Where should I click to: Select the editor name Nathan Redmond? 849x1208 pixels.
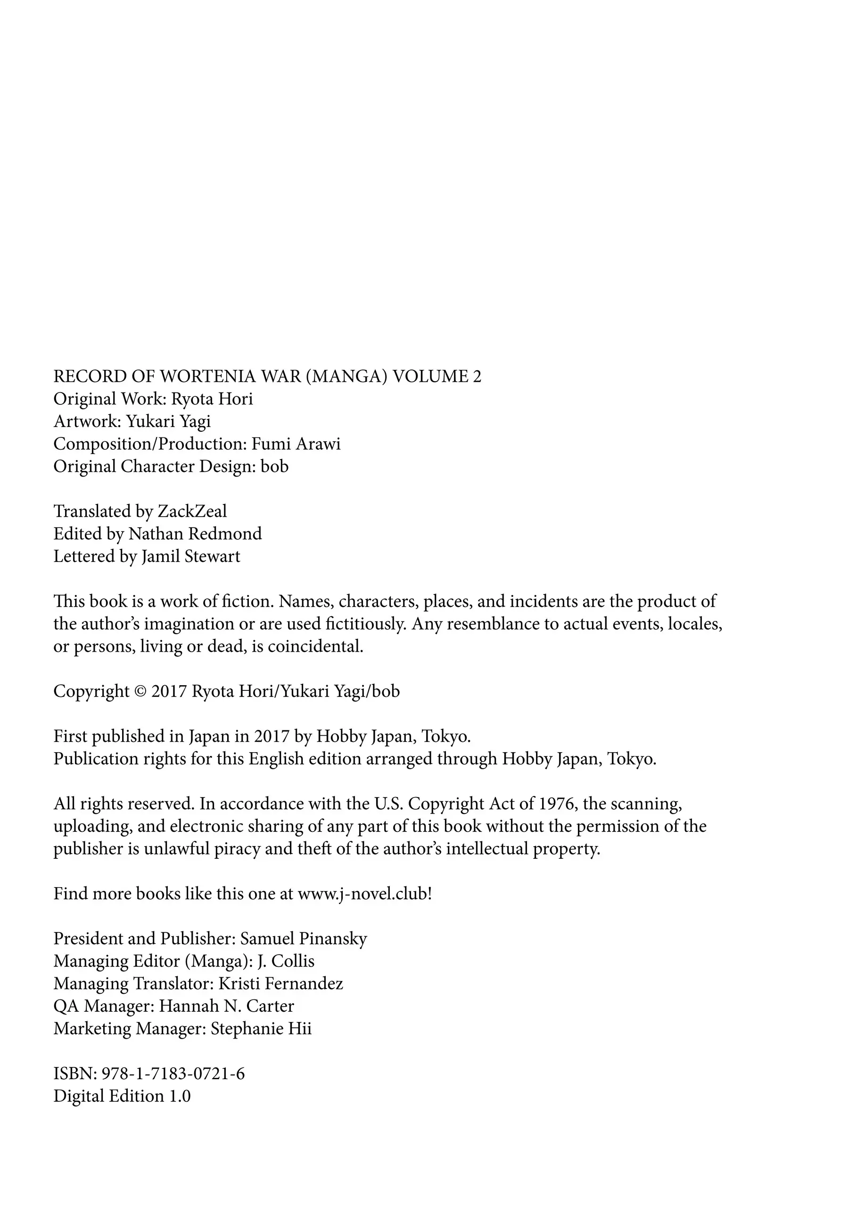coord(195,534)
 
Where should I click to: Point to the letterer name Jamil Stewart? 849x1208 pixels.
coord(191,557)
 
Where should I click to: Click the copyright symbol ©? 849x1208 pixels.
coord(140,691)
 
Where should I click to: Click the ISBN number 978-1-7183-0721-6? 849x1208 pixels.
coord(173,1074)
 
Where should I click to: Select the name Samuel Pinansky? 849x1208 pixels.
coord(303,939)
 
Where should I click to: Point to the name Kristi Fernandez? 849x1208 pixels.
coord(281,984)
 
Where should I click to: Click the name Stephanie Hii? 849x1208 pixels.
coord(261,1029)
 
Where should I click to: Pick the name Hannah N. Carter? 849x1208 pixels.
coord(227,1006)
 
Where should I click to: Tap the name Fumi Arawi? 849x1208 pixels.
coord(296,444)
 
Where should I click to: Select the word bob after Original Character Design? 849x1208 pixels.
coord(274,467)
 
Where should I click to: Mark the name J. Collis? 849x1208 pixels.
coord(286,961)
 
